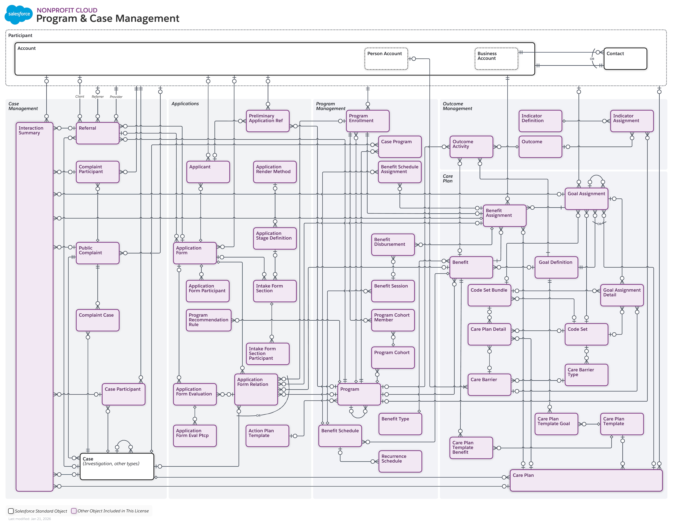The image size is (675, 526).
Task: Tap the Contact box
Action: pyautogui.click(x=625, y=59)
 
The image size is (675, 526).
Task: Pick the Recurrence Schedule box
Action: pyautogui.click(x=400, y=461)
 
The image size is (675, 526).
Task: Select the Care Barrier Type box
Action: pyautogui.click(x=586, y=375)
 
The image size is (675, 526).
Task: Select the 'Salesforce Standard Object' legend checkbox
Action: pyautogui.click(x=11, y=511)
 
